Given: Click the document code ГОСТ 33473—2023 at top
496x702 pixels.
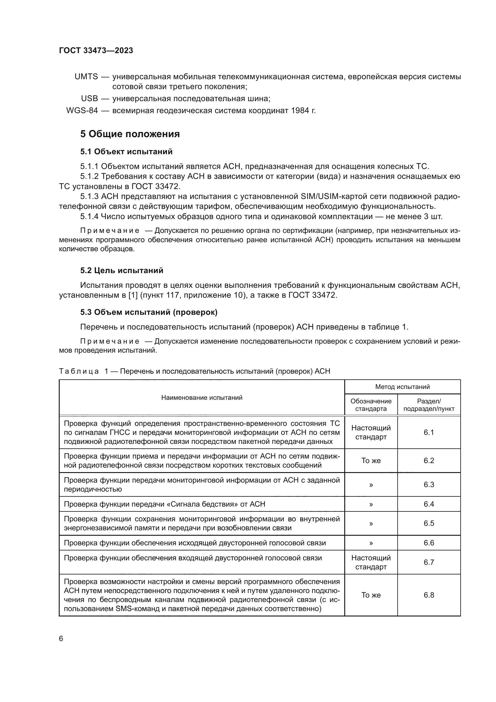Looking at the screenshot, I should point(96,51).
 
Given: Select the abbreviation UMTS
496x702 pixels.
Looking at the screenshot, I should point(86,77).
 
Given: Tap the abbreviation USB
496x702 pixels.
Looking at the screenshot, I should point(89,99).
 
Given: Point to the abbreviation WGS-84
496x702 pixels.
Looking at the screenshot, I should point(82,111).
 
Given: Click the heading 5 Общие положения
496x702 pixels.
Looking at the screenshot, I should point(130,134).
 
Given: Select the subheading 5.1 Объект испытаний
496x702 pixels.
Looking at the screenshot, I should point(127,152).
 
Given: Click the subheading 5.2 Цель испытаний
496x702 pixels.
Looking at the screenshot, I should point(121,270).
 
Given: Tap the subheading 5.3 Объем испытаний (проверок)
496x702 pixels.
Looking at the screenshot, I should point(149,312).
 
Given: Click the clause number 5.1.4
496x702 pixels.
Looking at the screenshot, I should point(89,217).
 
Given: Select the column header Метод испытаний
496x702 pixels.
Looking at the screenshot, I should point(402,387).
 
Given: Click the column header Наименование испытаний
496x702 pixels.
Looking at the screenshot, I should point(202,397).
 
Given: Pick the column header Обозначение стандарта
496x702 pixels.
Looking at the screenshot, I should point(371,405).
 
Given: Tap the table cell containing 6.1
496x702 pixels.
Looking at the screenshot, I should point(429,432).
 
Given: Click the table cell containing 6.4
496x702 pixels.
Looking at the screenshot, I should point(429,504).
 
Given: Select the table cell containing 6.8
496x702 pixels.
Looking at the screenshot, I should point(429,595).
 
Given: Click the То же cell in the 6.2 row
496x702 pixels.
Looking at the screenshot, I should point(371,461).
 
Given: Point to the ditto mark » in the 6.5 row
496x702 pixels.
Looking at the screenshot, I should point(371,523).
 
